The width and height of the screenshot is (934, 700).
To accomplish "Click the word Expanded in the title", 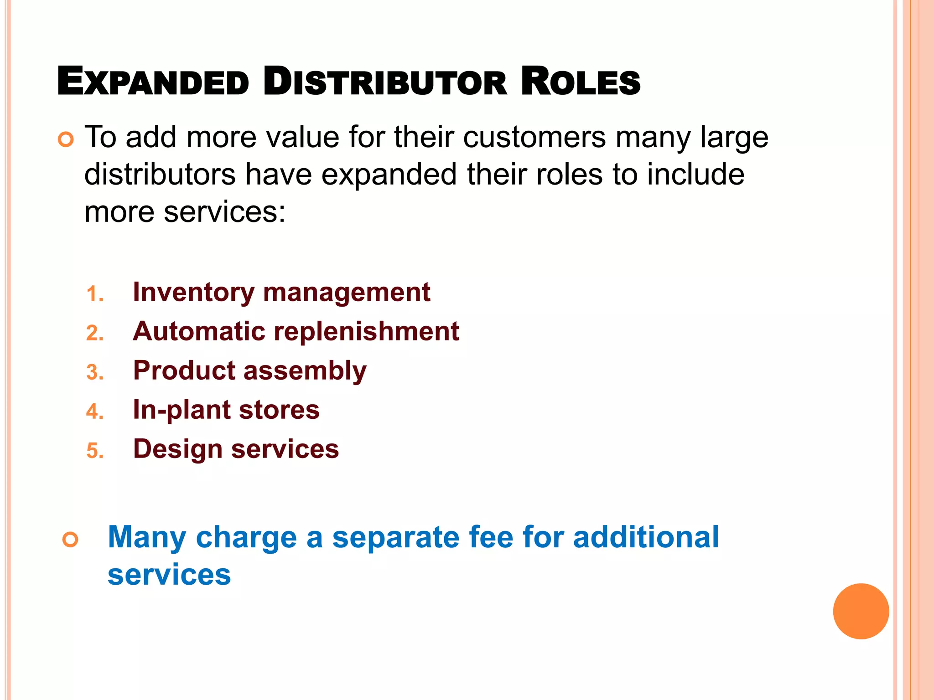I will point(153,82).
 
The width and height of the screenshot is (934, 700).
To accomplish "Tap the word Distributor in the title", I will point(385,82).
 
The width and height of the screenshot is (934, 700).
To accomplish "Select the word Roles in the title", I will point(580,82).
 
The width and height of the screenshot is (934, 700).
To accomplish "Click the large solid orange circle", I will point(861,611).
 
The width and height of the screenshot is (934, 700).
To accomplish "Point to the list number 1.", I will point(95,294).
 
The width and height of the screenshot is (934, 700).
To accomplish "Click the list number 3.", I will point(95,372).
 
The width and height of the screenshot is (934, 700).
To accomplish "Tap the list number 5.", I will point(95,451).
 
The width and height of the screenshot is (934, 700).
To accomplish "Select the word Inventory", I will point(193,292).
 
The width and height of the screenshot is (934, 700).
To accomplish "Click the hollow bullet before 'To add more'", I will point(66,139).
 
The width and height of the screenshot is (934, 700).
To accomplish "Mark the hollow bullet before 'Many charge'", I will point(70,540).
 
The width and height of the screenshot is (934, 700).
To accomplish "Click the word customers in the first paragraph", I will point(534,137).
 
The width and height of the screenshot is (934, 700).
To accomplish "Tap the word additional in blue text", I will point(646,537).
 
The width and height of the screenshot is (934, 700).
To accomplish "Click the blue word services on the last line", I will point(169,575).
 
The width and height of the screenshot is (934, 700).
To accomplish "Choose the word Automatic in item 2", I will point(199,331).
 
